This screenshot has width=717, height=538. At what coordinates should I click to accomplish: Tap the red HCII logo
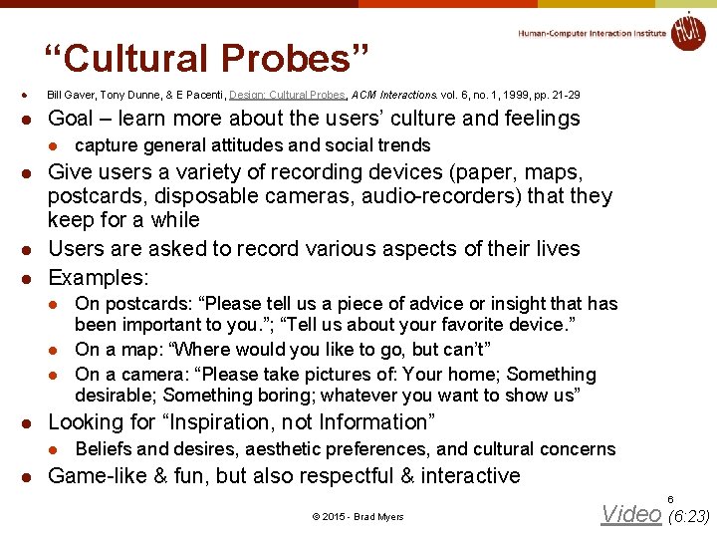click(x=687, y=31)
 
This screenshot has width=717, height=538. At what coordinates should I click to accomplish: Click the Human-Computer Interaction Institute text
click(x=592, y=33)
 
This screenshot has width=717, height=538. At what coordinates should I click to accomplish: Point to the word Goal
click(x=71, y=119)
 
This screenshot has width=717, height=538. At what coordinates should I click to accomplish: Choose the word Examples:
click(x=98, y=277)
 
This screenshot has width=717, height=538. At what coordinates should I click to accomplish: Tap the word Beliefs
click(x=105, y=449)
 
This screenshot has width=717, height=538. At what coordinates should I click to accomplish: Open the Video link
click(x=630, y=514)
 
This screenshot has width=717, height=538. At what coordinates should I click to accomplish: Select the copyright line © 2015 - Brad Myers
click(x=358, y=516)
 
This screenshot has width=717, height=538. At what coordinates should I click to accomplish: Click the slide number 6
click(x=670, y=498)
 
